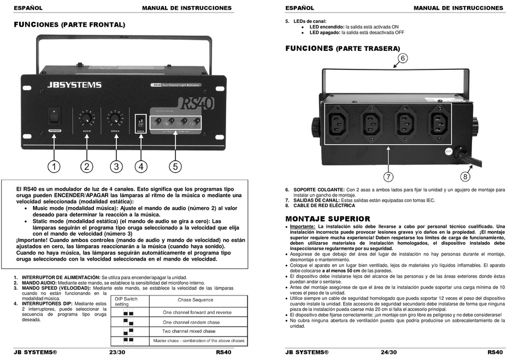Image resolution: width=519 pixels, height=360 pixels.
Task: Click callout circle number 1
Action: (x=54, y=166)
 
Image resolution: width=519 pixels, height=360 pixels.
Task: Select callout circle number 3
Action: (x=116, y=166)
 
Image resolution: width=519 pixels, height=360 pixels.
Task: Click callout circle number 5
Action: (x=175, y=166)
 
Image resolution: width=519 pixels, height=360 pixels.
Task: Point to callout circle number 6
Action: (x=402, y=58)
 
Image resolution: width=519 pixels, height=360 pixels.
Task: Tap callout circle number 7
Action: (x=388, y=176)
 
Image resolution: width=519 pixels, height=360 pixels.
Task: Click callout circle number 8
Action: (x=465, y=176)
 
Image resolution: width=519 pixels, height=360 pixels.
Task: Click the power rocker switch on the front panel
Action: (x=55, y=115)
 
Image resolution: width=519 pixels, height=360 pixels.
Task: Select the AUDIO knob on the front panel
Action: (x=86, y=117)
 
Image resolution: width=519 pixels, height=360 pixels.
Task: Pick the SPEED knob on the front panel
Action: (x=115, y=117)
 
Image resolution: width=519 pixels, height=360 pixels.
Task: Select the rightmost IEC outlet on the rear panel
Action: (x=440, y=120)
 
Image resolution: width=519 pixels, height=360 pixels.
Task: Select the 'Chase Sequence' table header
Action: (x=195, y=300)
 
